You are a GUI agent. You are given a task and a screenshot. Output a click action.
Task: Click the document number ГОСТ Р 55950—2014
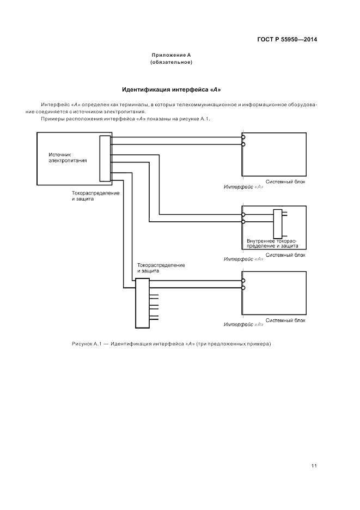(287, 40)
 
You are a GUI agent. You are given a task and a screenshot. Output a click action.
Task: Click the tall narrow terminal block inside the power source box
(105, 158)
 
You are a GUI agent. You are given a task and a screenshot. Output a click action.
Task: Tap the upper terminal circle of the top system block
(243, 137)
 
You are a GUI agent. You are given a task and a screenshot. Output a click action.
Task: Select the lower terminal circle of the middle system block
(243, 222)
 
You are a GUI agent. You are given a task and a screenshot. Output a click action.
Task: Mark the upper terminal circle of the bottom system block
(243, 281)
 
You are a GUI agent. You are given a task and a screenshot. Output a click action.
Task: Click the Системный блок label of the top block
(285, 182)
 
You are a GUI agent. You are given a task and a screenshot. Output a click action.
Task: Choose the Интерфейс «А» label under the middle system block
(244, 259)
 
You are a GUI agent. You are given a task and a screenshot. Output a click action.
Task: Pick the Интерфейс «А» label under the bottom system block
(244, 325)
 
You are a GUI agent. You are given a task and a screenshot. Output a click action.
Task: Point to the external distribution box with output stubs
(142, 303)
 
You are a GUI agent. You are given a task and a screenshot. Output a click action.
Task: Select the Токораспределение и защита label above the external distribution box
(161, 268)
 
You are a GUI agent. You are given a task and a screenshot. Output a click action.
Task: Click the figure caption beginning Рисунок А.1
(171, 344)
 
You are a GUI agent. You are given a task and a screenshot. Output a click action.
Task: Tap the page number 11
(314, 465)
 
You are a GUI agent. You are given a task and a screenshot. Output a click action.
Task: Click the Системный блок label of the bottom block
(285, 320)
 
